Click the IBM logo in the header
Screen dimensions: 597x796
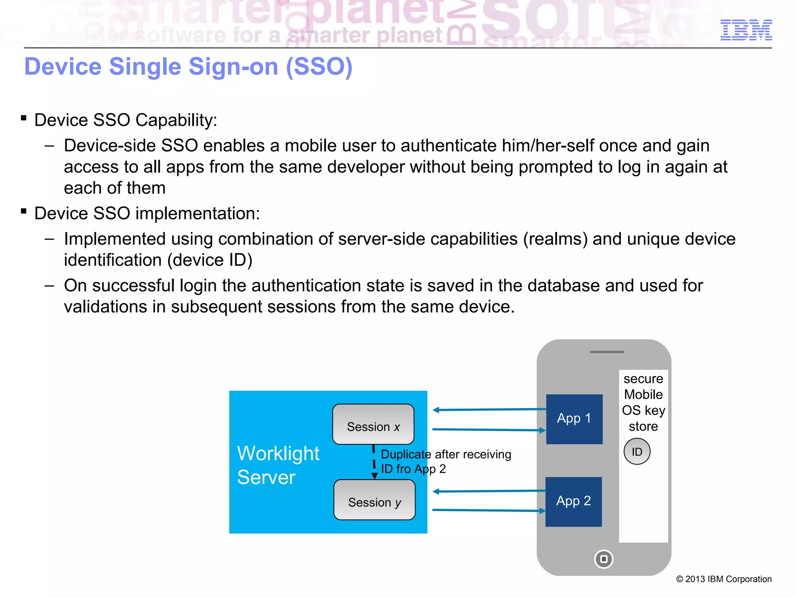(746, 30)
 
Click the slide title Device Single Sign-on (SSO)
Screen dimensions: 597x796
(188, 66)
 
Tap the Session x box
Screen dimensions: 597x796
(373, 424)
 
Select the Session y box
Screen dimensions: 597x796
(374, 500)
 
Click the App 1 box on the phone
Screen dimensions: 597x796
(574, 419)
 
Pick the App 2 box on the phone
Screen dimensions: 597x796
(573, 501)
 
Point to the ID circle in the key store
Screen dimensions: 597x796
(637, 451)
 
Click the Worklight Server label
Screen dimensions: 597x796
(278, 465)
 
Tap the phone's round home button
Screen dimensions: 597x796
(604, 559)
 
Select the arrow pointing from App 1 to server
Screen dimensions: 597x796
(489, 409)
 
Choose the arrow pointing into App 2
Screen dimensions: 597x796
(489, 510)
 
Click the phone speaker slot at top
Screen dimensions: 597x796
(607, 352)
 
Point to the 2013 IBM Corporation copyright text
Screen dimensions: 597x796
(724, 579)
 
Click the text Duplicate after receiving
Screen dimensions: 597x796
(446, 454)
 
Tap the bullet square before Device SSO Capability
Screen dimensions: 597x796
(24, 118)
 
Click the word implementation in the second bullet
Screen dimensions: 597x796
(197, 213)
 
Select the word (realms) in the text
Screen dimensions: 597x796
(555, 239)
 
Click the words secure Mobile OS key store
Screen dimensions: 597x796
(643, 402)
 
